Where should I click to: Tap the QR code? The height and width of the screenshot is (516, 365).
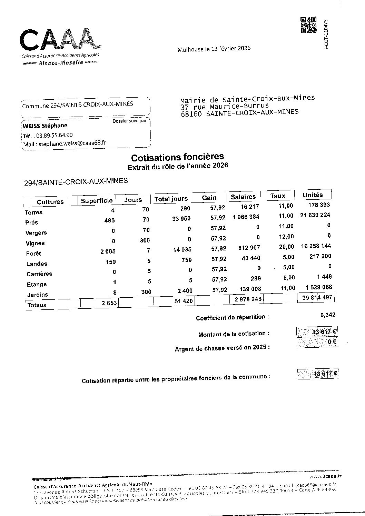tap(309, 25)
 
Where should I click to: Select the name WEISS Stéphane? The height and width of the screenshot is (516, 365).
tap(45, 126)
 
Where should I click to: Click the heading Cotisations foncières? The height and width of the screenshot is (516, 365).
tap(177, 157)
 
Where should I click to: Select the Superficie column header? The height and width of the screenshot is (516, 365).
tap(97, 200)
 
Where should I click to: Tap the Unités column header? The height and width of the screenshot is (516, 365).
tap(313, 195)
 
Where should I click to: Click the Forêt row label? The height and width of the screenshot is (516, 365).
tap(33, 254)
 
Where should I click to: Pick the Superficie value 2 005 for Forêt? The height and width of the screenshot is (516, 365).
tap(108, 251)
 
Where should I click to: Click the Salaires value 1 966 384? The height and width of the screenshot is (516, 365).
tap(246, 217)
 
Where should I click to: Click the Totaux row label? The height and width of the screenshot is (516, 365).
tap(37, 305)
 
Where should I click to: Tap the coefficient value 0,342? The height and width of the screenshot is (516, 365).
tap(327, 315)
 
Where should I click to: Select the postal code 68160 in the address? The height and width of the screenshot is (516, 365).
tap(191, 114)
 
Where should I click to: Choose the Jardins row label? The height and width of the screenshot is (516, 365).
tap(37, 295)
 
